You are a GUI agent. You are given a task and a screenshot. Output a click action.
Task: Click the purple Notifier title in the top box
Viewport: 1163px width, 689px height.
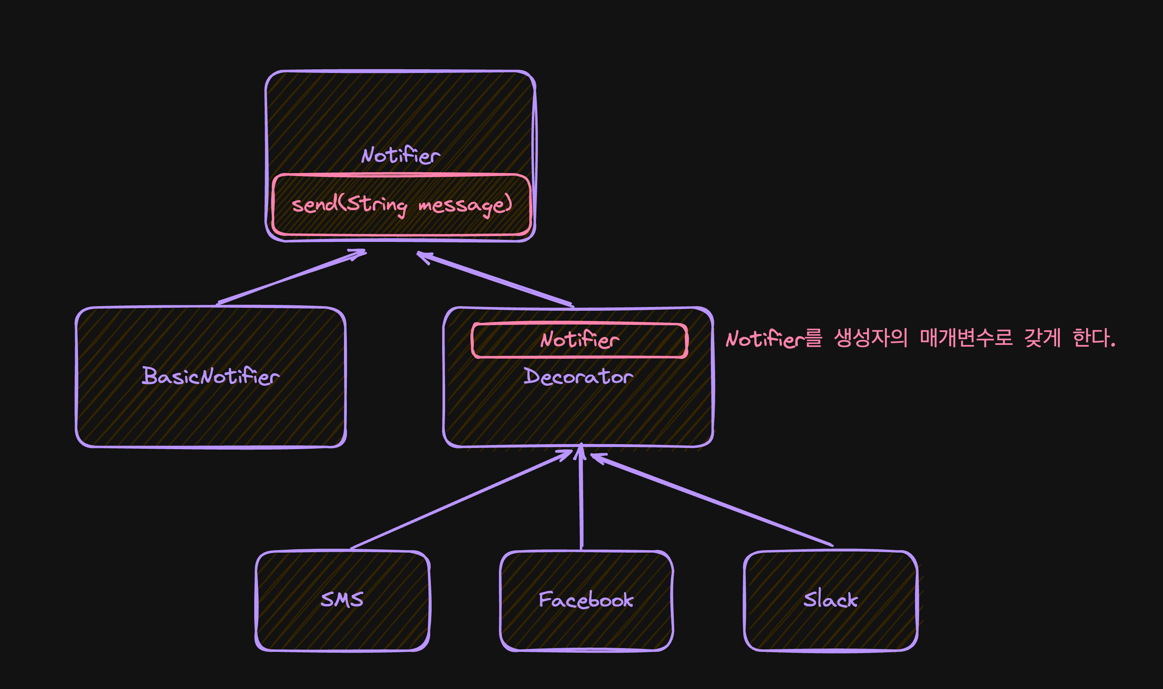400,156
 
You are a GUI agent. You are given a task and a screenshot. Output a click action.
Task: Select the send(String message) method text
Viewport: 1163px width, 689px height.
402,205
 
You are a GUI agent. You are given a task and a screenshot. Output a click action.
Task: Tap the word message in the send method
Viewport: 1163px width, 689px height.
465,205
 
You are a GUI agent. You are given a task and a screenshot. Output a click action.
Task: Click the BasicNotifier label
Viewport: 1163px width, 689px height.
210,376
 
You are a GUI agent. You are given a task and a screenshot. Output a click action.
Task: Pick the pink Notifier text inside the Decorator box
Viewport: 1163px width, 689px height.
579,340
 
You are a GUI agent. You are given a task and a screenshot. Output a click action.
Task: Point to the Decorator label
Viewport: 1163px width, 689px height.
578,377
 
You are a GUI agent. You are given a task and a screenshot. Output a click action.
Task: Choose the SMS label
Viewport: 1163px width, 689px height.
342,599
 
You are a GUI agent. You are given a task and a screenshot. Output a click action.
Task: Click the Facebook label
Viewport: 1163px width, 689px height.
586,600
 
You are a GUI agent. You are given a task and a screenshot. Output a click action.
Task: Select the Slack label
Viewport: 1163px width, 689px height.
830,599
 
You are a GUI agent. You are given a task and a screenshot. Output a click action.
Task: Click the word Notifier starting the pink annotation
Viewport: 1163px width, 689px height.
765,339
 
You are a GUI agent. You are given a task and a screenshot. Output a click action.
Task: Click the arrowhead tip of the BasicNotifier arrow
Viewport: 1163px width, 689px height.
365,252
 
